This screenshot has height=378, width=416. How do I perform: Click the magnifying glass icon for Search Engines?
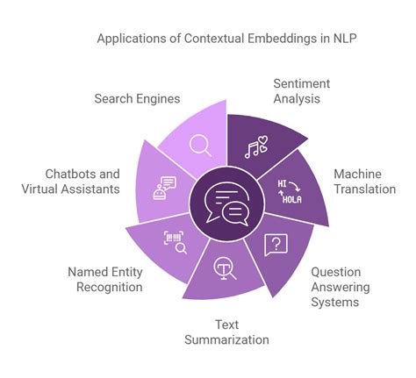point(201,143)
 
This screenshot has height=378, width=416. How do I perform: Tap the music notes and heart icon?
point(257,148)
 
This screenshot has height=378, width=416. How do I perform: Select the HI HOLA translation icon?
point(290,192)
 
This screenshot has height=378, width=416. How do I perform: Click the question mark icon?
point(275,245)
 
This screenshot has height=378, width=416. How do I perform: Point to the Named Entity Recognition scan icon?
point(176,242)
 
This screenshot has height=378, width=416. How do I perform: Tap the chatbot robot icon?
point(164,188)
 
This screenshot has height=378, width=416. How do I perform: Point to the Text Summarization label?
point(226,331)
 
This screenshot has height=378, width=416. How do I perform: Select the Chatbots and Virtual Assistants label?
point(71,181)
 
